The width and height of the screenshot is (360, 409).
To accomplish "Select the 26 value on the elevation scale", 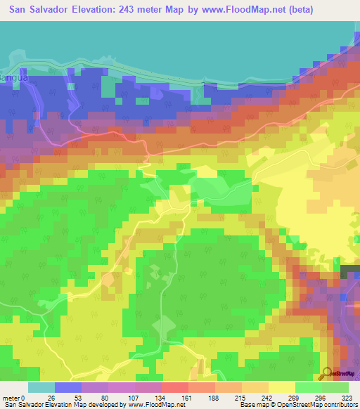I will [x=51, y=397].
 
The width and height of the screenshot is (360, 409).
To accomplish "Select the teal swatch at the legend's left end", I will [x=41, y=387].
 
